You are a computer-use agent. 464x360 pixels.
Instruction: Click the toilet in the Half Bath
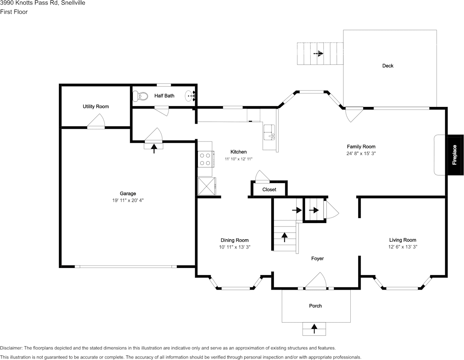142,96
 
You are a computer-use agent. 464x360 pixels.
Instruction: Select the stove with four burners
205,159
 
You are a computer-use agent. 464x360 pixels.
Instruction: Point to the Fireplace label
454,155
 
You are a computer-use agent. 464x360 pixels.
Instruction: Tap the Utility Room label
96,107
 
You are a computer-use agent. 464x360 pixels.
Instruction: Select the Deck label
388,66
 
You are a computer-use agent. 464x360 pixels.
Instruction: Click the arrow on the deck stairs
318,54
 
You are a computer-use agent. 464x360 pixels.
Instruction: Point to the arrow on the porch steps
314,328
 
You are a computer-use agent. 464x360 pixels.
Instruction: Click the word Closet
269,190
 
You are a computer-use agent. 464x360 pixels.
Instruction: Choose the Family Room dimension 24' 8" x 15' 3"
361,153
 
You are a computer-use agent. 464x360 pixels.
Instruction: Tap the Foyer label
318,259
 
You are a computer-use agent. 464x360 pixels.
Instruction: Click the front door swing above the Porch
316,282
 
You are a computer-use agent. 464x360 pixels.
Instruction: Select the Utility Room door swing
96,122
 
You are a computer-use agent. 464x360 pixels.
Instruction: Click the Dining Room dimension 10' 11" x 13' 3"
235,247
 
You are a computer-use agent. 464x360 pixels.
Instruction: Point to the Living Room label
403,240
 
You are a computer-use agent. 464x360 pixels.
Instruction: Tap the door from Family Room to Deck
353,114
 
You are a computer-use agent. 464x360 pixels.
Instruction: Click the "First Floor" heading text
14,12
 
